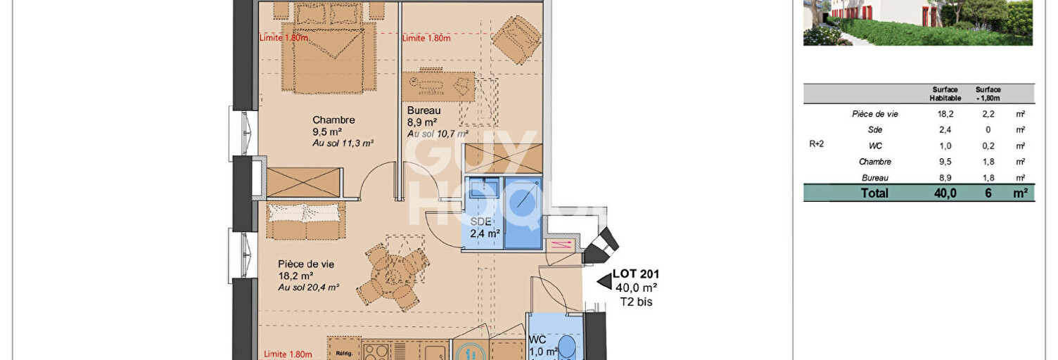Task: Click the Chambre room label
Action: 333,120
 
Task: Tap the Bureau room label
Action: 423,110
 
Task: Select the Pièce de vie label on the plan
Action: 306,264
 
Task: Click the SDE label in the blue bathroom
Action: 480,221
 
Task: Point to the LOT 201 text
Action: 636,274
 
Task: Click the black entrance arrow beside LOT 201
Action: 604,282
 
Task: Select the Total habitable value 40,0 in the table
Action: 945,193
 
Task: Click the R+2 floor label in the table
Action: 816,144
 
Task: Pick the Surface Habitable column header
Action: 945,94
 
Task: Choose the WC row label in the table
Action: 875,146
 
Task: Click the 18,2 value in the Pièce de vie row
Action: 945,114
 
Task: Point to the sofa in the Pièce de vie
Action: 305,220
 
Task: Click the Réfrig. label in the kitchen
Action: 343,354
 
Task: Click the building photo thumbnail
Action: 918,22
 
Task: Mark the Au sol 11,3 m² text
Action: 342,143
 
